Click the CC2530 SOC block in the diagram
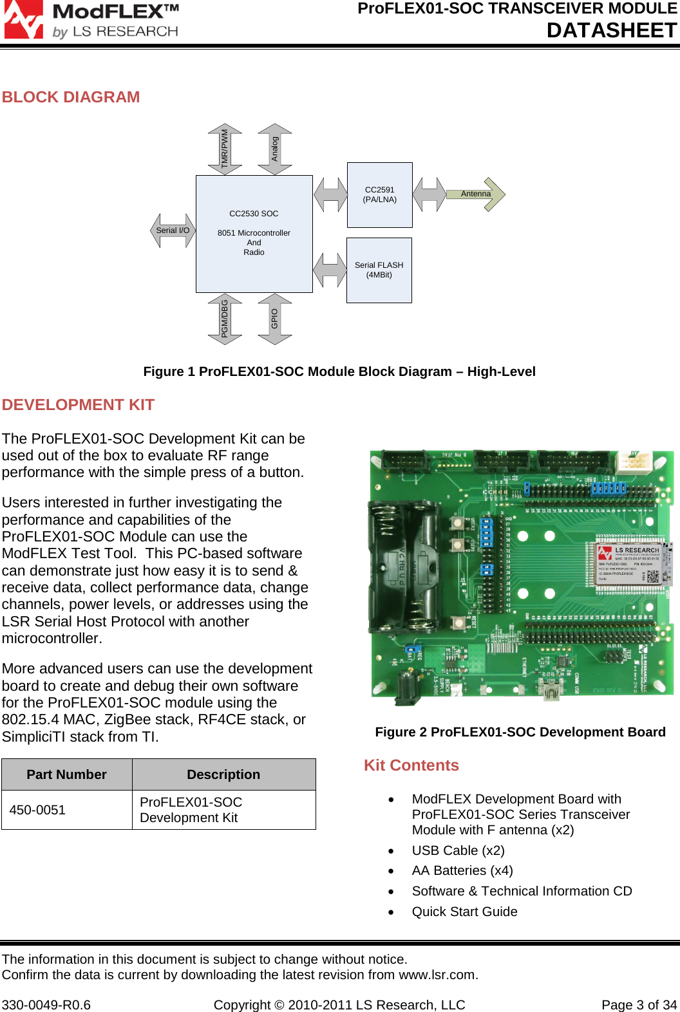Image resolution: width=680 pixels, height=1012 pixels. pyautogui.click(x=254, y=233)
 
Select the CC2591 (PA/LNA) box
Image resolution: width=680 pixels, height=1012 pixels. pyautogui.click(x=379, y=194)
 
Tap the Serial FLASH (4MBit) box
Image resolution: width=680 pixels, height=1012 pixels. pyautogui.click(x=379, y=270)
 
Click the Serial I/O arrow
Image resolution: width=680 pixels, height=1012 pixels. pyautogui.click(x=173, y=230)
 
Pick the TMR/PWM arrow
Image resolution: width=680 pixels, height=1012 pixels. pyautogui.click(x=225, y=149)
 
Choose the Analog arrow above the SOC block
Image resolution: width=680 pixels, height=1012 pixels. pyautogui.click(x=275, y=149)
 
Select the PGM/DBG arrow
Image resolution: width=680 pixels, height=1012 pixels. pyautogui.click(x=225, y=319)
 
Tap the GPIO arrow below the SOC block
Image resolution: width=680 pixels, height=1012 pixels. pyautogui.click(x=275, y=319)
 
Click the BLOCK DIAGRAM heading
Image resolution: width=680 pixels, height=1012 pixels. pyautogui.click(x=71, y=97)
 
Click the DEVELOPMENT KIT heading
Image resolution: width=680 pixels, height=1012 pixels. pyautogui.click(x=78, y=405)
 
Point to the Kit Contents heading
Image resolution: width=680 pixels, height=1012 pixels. pyautogui.click(x=411, y=765)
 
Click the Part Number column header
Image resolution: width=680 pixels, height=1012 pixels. pyautogui.click(x=66, y=774)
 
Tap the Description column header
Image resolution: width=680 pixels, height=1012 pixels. pyautogui.click(x=223, y=774)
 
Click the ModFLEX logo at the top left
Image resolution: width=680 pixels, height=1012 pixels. pyautogui.click(x=91, y=21)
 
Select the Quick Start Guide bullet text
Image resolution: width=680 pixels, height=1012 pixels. pyautogui.click(x=464, y=912)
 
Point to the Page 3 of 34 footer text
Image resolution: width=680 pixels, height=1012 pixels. pyautogui.click(x=639, y=1005)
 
